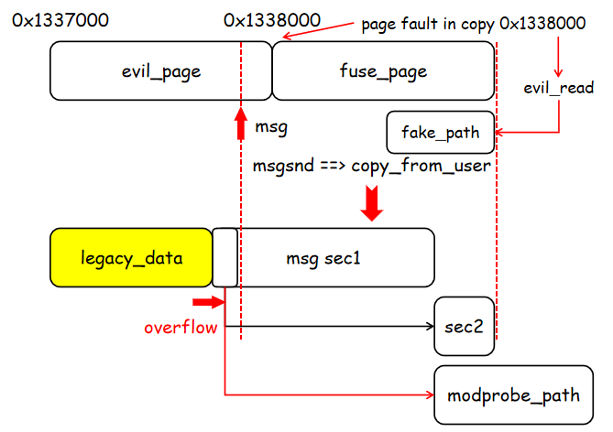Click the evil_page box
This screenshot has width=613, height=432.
pyautogui.click(x=160, y=71)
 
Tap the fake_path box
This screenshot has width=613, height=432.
pyautogui.click(x=440, y=133)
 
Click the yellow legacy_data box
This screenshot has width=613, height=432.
pyautogui.click(x=131, y=257)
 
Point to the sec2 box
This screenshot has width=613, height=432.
pyautogui.click(x=465, y=326)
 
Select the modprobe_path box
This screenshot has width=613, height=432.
pyautogui.click(x=514, y=395)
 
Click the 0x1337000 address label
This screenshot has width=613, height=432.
pyautogui.click(x=56, y=18)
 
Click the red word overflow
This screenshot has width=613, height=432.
pyautogui.click(x=181, y=327)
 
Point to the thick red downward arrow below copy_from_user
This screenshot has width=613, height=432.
pyautogui.click(x=372, y=203)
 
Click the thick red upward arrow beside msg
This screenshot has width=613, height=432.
pyautogui.click(x=241, y=124)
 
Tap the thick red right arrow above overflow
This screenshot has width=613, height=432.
pyautogui.click(x=208, y=301)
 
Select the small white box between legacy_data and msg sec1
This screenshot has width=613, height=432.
pyautogui.click(x=224, y=257)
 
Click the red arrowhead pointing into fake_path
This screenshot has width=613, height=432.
pyautogui.click(x=499, y=133)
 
